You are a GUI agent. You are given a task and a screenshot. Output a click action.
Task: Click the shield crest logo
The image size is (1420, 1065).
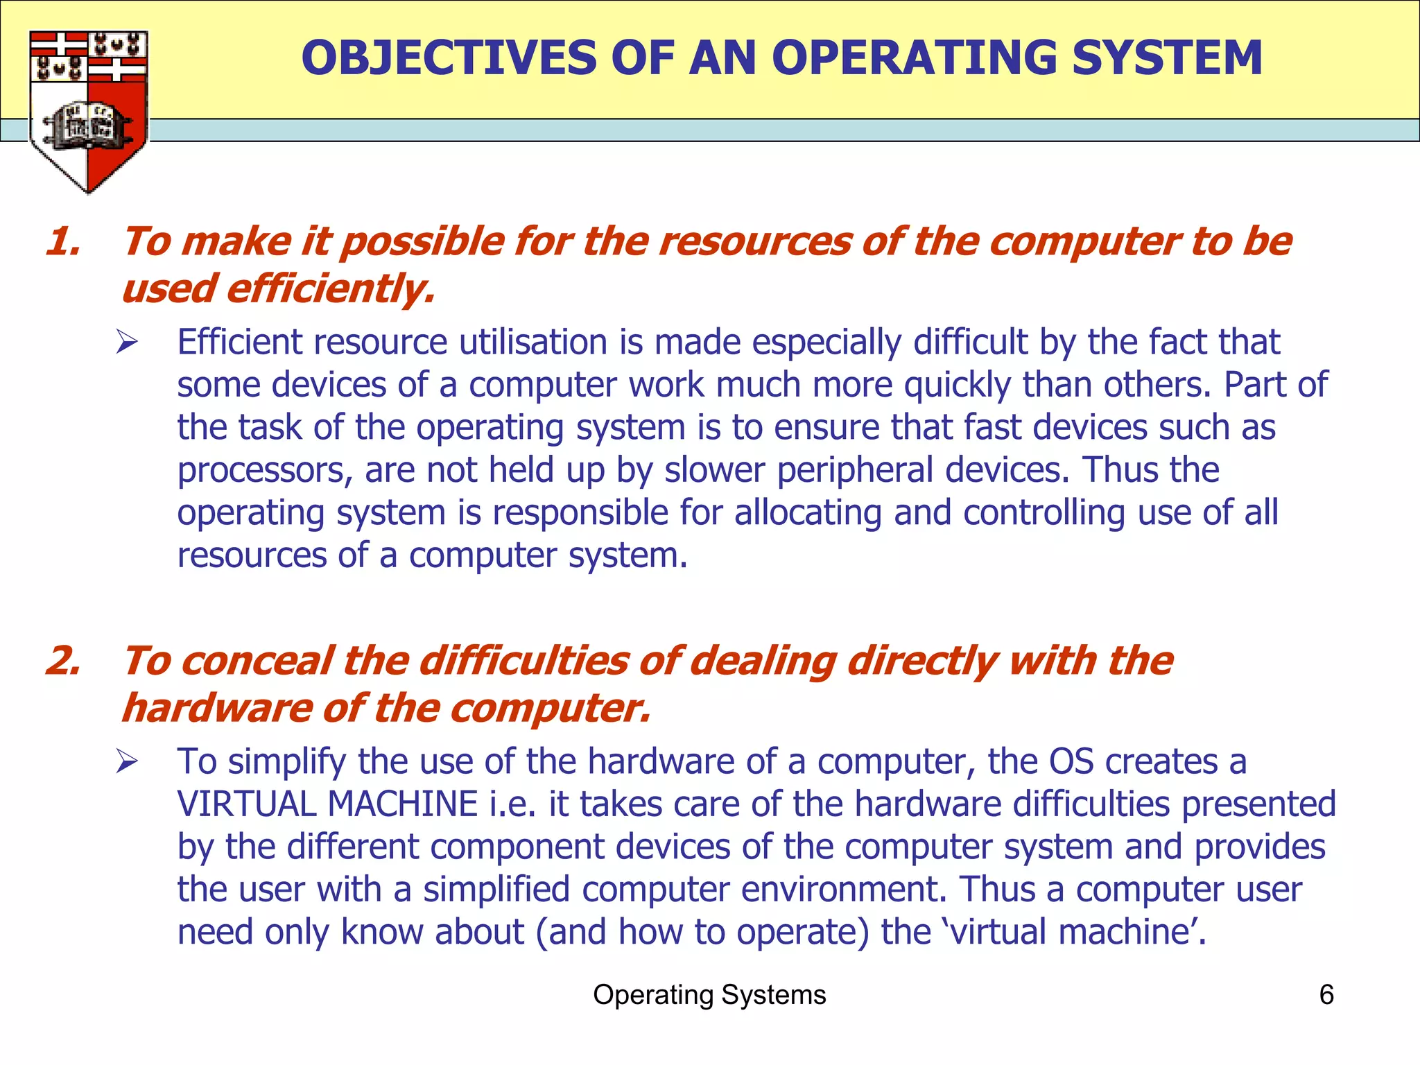[x=88, y=111]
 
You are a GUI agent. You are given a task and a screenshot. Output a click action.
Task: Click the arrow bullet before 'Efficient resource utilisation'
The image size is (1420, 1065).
[x=127, y=343]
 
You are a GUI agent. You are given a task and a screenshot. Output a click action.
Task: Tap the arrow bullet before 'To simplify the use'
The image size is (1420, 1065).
[x=127, y=762]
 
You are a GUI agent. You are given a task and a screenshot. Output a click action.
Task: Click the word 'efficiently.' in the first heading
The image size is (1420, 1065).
[x=331, y=289]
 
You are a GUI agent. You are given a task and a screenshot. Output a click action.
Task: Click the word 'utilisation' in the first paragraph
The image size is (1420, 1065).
[x=534, y=343]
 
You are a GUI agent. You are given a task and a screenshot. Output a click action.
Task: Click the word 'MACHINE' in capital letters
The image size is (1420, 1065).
[x=403, y=804]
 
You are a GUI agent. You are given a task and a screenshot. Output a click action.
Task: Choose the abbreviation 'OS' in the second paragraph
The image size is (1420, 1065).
[x=1071, y=762]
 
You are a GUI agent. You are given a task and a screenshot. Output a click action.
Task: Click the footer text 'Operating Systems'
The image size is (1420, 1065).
[x=709, y=995]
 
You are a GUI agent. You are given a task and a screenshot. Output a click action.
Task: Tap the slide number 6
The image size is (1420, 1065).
[x=1326, y=995]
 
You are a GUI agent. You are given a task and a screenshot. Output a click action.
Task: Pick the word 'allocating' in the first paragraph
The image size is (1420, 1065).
[x=808, y=513]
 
